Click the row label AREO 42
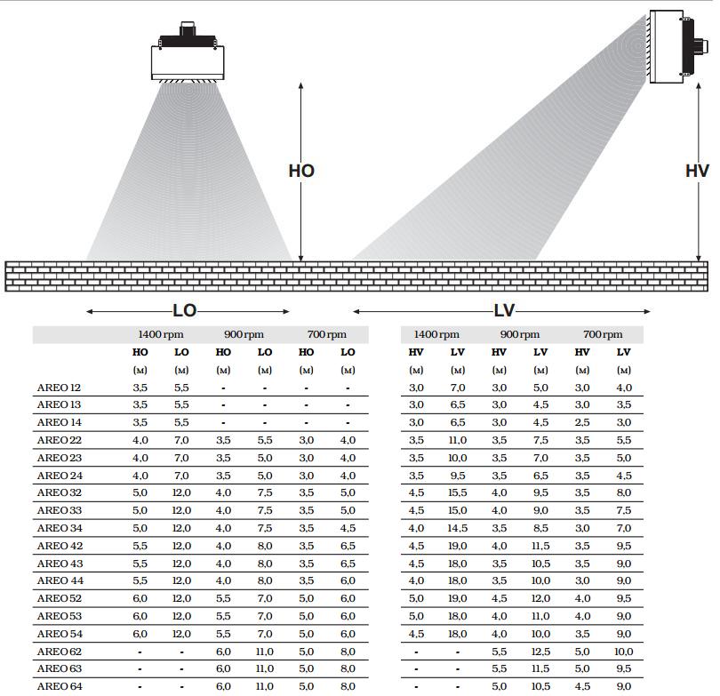[x=60, y=546]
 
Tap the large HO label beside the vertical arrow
[x=301, y=172]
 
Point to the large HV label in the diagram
[x=697, y=172]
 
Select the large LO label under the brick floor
[x=185, y=311]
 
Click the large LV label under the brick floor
[x=504, y=311]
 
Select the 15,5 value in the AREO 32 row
[x=458, y=492]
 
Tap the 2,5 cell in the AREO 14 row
[x=582, y=422]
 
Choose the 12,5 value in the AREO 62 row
[x=540, y=652]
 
